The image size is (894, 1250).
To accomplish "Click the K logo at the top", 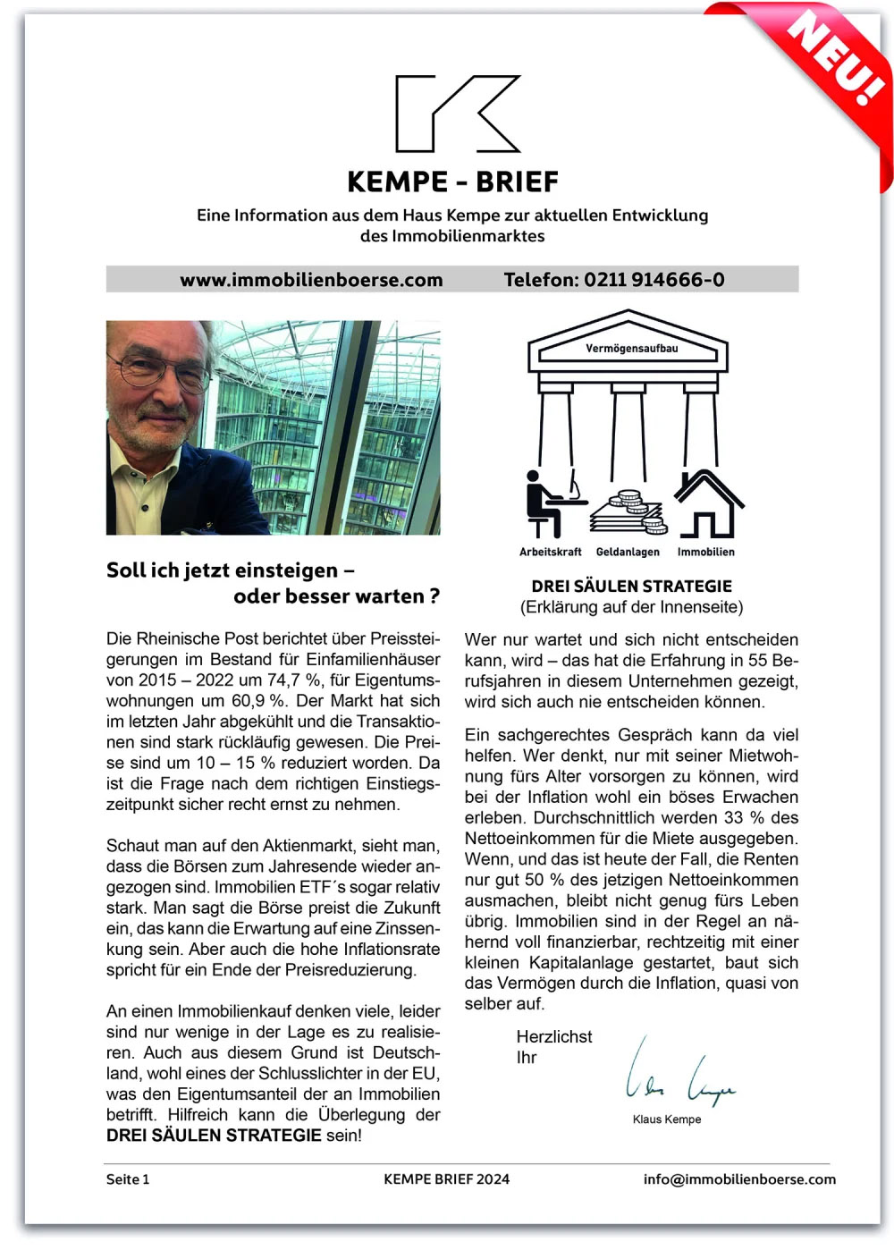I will pyautogui.click(x=457, y=114).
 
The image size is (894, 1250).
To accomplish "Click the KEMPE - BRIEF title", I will pyautogui.click(x=452, y=182).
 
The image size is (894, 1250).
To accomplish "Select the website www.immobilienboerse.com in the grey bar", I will pyautogui.click(x=311, y=280).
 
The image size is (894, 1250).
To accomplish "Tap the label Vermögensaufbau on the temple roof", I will pyautogui.click(x=631, y=349).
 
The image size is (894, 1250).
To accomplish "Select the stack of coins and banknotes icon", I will pyautogui.click(x=628, y=512).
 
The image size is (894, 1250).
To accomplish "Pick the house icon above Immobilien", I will pyautogui.click(x=707, y=503).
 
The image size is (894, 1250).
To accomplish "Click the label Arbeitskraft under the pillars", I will pyautogui.click(x=550, y=553).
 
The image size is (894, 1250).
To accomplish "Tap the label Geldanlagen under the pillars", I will pyautogui.click(x=628, y=553).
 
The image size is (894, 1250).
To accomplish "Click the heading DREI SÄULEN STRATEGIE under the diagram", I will pyautogui.click(x=631, y=587).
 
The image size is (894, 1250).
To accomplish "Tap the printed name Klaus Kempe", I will pyautogui.click(x=666, y=1119).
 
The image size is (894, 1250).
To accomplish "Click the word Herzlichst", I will pyautogui.click(x=554, y=1037).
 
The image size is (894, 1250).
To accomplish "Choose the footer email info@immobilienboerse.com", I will pyautogui.click(x=739, y=1179).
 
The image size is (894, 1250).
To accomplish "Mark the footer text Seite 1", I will pyautogui.click(x=128, y=1179).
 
